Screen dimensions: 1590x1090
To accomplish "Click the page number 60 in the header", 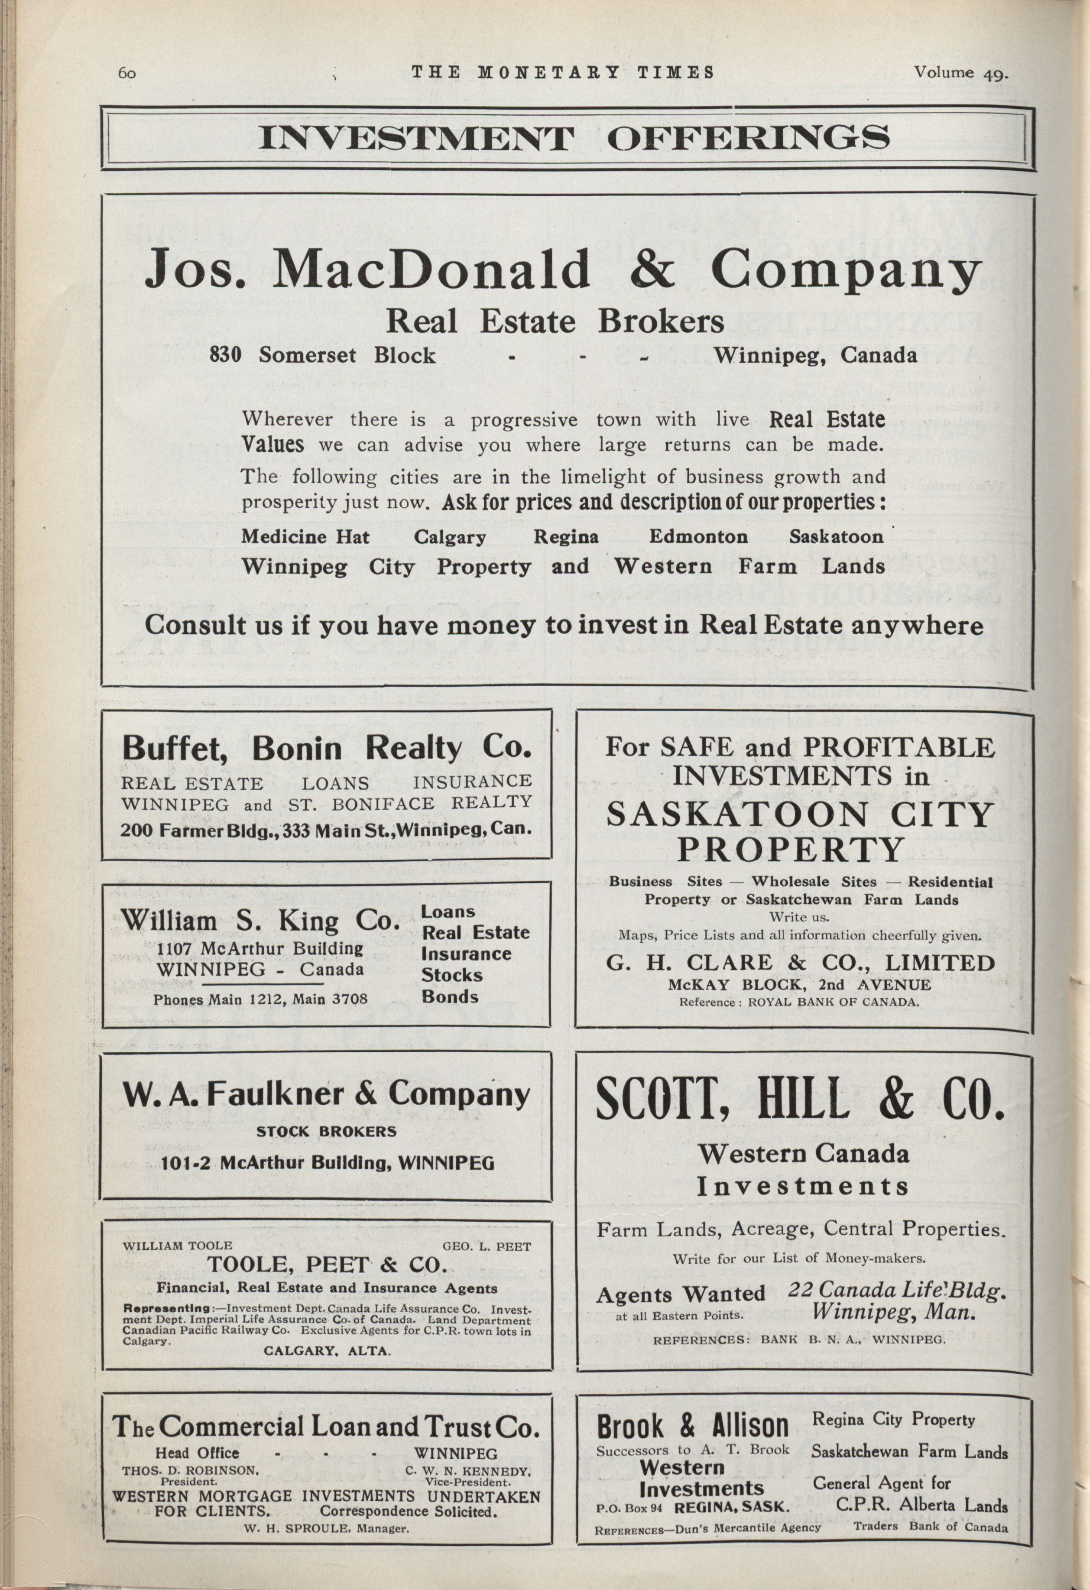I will [x=127, y=73].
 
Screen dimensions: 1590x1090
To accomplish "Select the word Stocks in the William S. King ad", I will [x=451, y=974].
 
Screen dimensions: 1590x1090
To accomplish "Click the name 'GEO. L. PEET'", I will [x=487, y=1246].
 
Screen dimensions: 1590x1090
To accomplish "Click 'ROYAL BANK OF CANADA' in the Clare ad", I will [x=833, y=1002].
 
